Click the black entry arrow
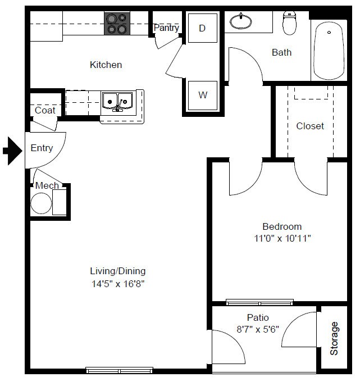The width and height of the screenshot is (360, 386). [x=12, y=151]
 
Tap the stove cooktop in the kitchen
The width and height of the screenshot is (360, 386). [x=117, y=24]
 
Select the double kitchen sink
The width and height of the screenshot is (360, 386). [x=117, y=102]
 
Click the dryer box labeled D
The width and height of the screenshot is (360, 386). [x=203, y=28]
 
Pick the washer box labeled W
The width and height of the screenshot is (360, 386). [x=203, y=96]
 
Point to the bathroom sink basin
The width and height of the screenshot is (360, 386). [x=241, y=21]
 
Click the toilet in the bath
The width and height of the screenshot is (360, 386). [x=289, y=23]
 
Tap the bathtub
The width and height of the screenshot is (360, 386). [x=329, y=51]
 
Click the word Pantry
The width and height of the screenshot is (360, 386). [x=166, y=28]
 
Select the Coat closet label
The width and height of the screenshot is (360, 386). [x=45, y=110]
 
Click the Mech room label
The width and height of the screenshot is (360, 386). [x=47, y=185]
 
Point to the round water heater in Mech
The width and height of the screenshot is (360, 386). [x=41, y=203]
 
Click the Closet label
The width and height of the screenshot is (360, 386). [x=310, y=126]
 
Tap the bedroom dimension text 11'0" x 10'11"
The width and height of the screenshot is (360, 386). [x=282, y=238]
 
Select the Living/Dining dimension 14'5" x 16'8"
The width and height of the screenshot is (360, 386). [x=118, y=284]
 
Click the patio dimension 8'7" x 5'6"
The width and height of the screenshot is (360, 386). [x=258, y=329]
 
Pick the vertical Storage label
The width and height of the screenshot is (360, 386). [x=334, y=338]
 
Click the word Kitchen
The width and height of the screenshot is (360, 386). [x=106, y=65]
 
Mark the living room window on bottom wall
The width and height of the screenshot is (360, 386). [x=119, y=370]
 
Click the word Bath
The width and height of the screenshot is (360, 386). [x=281, y=52]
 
